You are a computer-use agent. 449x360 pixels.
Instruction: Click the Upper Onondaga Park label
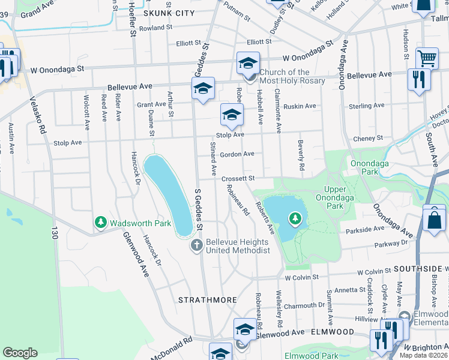point(329,197)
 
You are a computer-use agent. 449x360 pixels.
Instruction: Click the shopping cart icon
point(427,59)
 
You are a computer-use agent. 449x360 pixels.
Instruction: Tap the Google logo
point(20,353)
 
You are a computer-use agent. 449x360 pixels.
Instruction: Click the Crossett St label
point(238,178)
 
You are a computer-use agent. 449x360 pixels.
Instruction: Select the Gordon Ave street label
point(237,154)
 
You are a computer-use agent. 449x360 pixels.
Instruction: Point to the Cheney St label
point(369,139)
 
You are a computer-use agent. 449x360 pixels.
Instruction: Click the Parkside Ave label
point(364,229)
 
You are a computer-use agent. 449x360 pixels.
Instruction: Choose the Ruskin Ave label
point(301,106)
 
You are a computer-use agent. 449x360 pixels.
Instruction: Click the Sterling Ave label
point(366,106)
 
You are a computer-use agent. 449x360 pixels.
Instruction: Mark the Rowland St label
point(155,28)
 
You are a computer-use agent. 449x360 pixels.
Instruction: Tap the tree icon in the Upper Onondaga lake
point(295,218)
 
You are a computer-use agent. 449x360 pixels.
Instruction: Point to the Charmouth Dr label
point(304,305)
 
